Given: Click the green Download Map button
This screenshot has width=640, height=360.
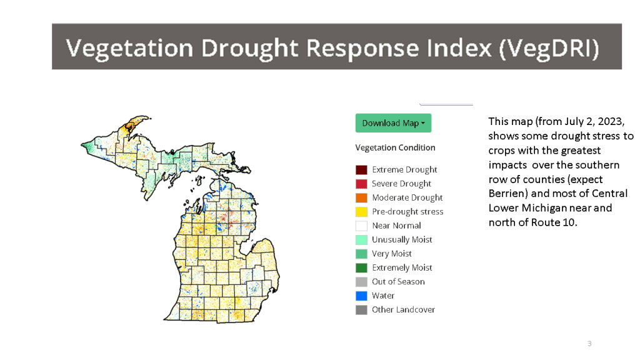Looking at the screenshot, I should (x=393, y=123).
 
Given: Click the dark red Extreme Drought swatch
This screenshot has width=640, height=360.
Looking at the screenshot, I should (x=361, y=170).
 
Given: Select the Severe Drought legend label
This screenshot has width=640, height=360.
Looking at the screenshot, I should (x=401, y=184).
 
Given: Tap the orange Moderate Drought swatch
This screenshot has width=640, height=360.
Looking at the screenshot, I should (x=361, y=197).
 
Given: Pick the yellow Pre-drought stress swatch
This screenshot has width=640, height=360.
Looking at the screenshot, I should (x=361, y=212).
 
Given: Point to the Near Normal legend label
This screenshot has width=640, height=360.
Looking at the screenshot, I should (x=396, y=226).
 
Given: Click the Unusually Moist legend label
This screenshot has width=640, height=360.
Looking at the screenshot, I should (x=402, y=239).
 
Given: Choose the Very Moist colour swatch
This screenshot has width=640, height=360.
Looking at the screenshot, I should (x=361, y=254).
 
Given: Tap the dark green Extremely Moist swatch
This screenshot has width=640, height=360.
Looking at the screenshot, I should (x=361, y=267).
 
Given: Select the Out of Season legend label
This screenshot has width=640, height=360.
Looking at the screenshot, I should (x=398, y=282).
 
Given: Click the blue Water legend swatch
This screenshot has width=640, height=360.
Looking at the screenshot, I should (x=361, y=296).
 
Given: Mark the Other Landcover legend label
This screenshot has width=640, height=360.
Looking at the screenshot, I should (x=403, y=309).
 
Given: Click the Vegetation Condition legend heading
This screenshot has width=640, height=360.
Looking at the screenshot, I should (x=395, y=148).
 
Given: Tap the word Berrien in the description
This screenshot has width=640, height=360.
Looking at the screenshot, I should (x=507, y=194).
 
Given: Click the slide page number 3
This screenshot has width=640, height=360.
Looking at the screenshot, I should (x=589, y=344).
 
